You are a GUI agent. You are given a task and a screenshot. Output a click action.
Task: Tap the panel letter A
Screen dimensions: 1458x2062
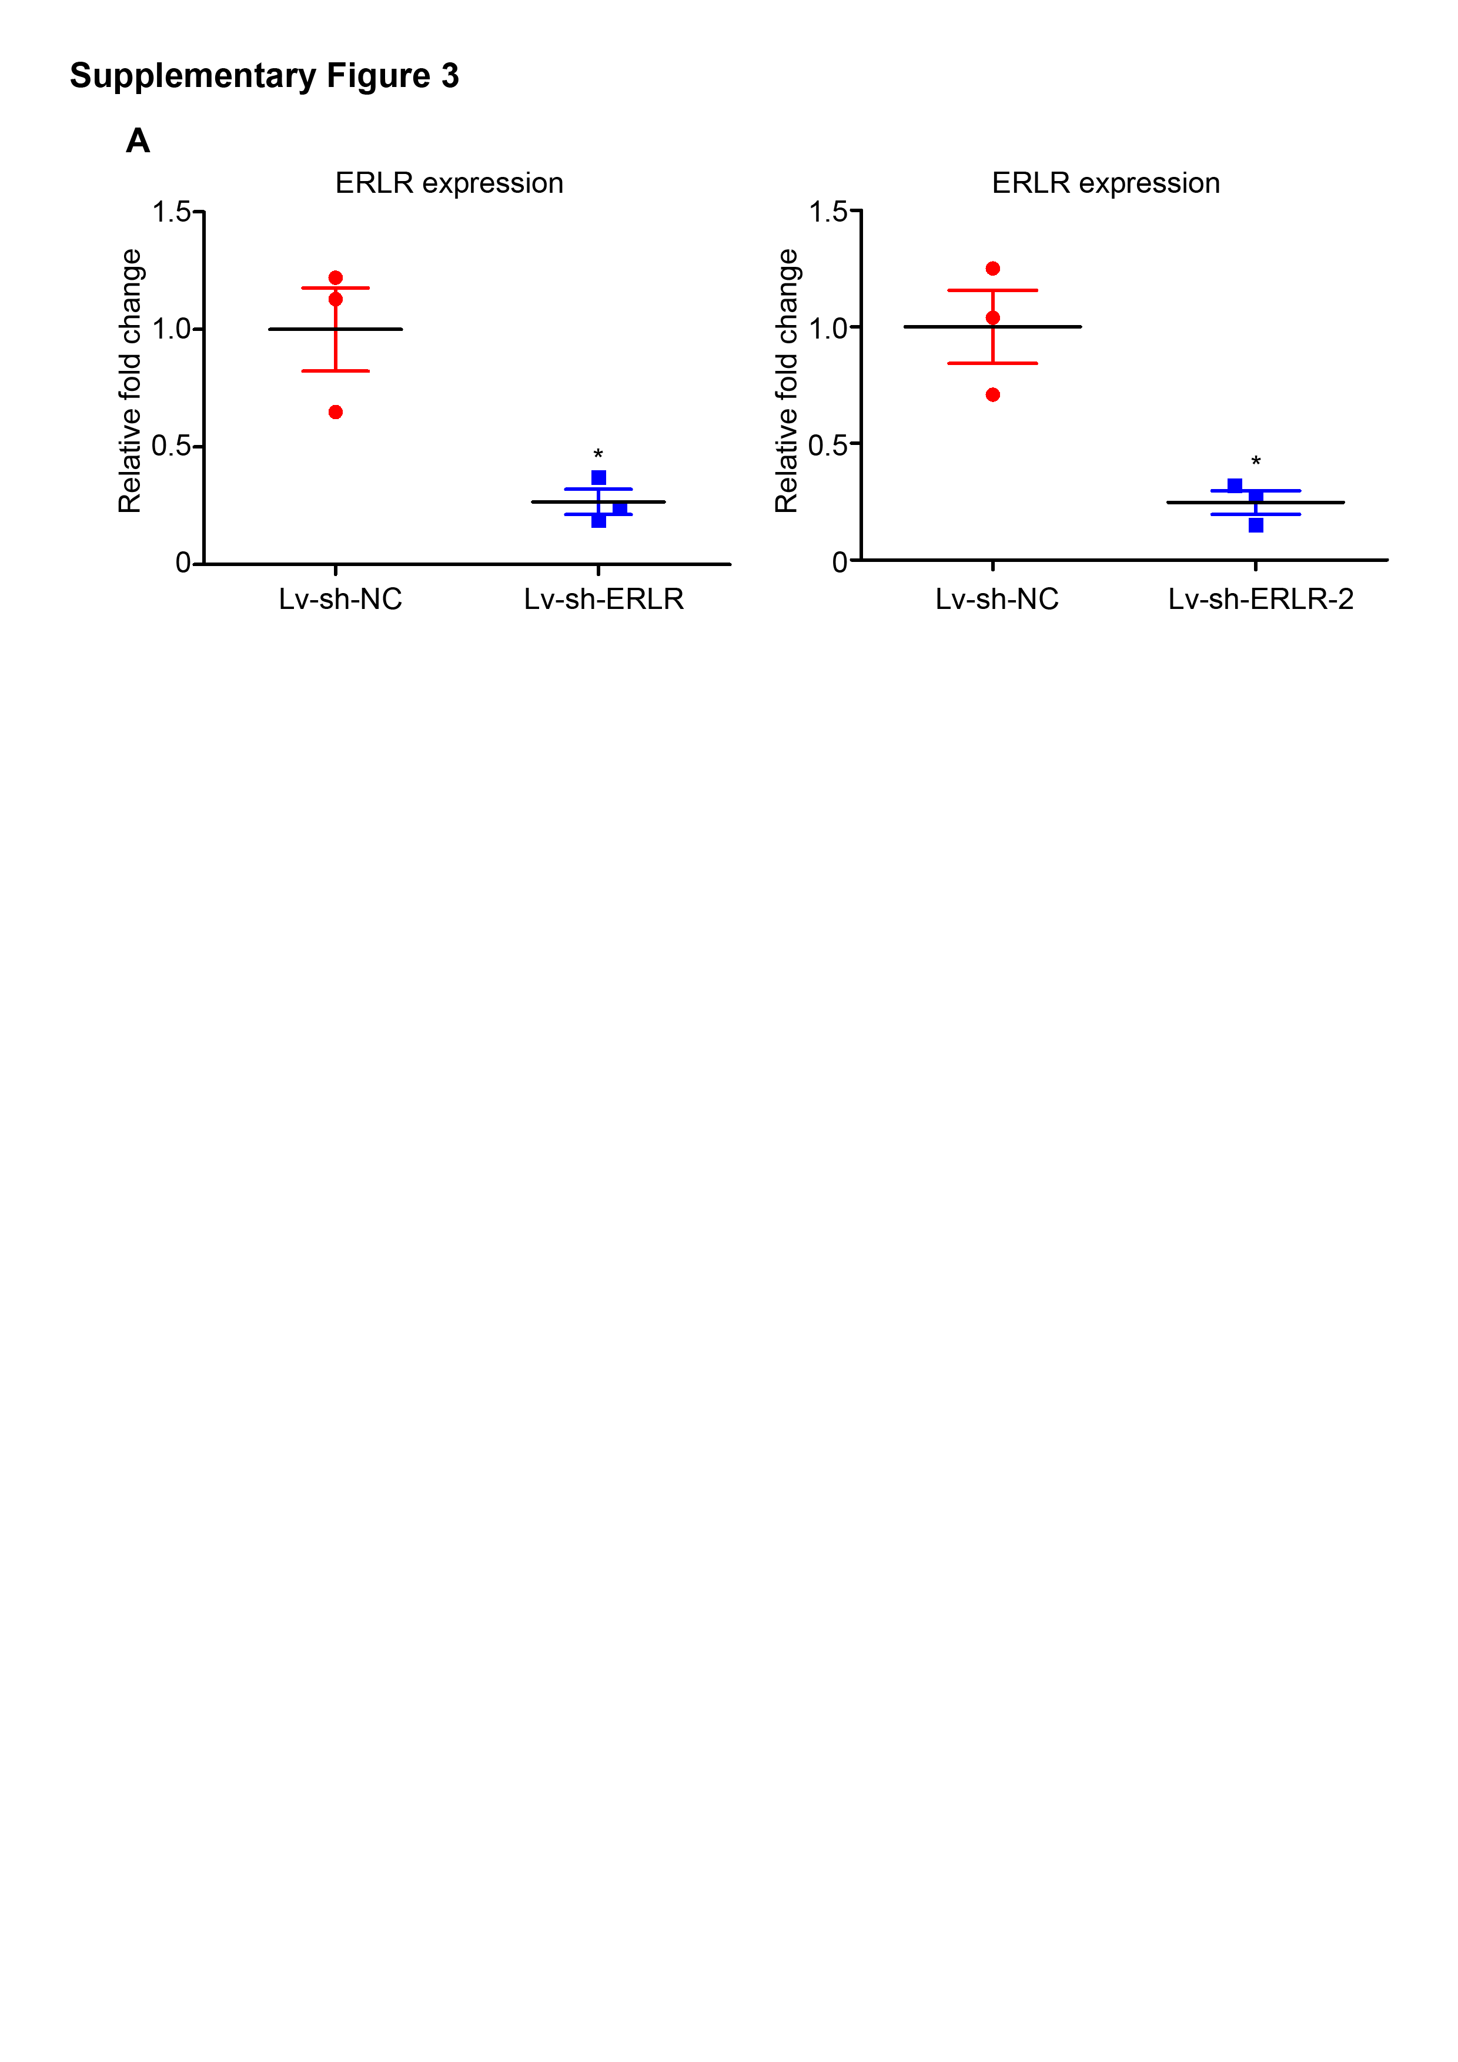(138, 141)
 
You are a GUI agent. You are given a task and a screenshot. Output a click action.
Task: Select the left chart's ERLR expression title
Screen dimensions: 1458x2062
(449, 183)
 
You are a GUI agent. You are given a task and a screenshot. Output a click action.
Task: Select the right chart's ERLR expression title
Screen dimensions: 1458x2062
(1106, 183)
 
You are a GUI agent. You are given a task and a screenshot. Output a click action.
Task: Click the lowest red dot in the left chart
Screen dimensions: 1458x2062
(335, 412)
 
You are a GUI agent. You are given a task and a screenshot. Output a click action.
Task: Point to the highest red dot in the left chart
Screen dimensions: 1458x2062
(335, 277)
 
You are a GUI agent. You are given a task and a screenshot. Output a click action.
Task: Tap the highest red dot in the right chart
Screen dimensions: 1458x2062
(992, 269)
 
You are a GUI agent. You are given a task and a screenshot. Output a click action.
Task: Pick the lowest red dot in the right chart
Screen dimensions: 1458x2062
(992, 395)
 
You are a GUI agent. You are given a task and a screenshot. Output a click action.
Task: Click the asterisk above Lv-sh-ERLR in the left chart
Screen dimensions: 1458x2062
(598, 454)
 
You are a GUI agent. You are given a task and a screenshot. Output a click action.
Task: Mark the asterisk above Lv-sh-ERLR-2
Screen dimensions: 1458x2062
(1256, 461)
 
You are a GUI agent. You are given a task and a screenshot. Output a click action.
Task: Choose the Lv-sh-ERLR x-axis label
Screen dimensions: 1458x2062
(604, 599)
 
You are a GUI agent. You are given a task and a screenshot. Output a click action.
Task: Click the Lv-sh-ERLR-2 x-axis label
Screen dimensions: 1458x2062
(1260, 599)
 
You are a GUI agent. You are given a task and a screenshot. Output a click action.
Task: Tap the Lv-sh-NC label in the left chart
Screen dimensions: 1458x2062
(340, 599)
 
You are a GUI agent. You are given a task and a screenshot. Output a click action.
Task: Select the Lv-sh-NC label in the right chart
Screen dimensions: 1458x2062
(997, 599)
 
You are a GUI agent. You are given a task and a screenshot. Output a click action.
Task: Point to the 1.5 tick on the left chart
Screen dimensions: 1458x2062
(172, 212)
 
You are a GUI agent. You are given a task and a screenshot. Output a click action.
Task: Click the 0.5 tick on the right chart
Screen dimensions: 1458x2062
(828, 444)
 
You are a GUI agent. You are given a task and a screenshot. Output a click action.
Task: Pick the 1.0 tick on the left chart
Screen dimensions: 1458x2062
(172, 330)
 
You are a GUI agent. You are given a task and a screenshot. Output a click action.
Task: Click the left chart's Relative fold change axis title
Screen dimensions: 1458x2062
(131, 381)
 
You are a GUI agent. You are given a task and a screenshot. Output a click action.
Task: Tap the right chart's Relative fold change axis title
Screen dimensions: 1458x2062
(788, 381)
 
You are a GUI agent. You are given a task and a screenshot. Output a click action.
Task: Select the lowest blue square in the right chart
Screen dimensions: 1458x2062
(1256, 525)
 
